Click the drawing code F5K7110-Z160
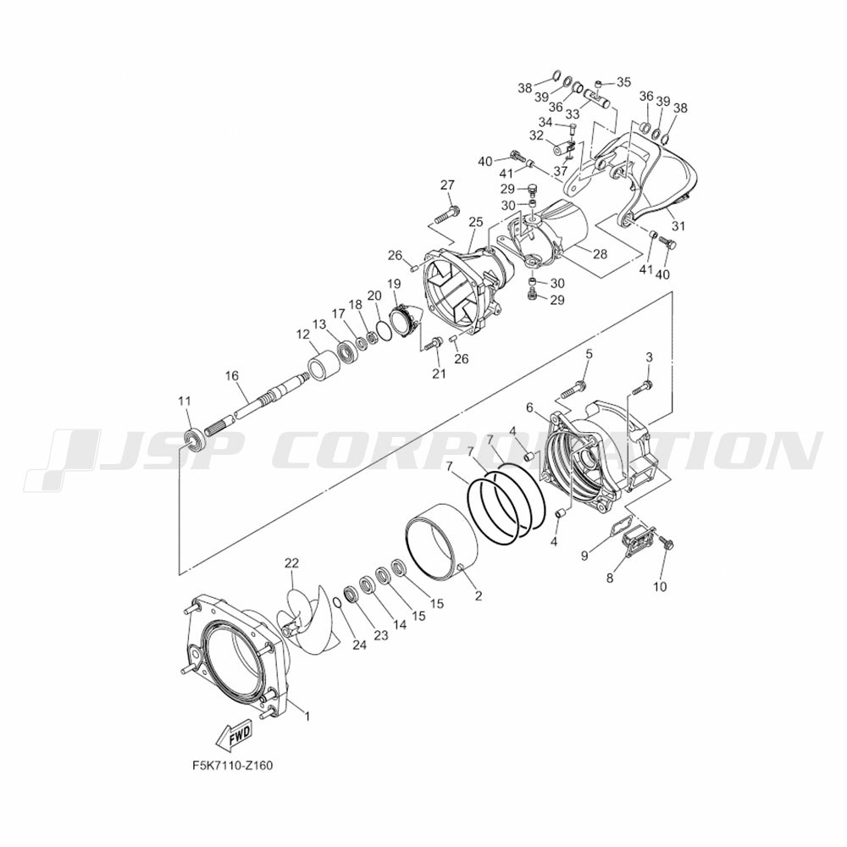[232, 766]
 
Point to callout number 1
[307, 717]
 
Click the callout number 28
[601, 253]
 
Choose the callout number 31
[678, 226]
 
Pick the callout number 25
[475, 221]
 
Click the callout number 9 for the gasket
[584, 555]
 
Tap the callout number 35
[623, 82]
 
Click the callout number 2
[478, 595]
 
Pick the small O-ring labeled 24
[337, 602]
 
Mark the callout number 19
[394, 283]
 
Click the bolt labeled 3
[642, 386]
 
